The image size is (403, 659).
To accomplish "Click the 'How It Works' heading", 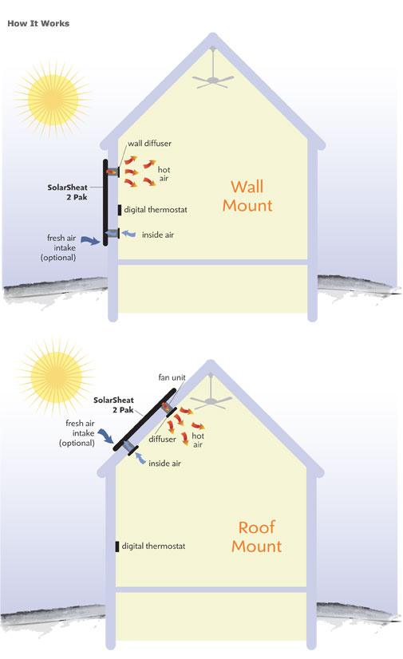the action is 38,24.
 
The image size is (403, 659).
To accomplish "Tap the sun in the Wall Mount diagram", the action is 53,100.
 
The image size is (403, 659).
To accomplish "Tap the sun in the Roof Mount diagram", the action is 56,377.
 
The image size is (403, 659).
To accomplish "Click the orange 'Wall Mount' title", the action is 247,195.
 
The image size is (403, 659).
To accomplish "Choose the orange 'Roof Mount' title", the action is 257,537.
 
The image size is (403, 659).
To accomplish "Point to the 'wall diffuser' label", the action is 149,144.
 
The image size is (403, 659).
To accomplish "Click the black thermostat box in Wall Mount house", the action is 120,210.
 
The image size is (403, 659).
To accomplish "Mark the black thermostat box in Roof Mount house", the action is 117,547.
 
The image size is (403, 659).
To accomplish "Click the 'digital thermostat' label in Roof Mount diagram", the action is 153,546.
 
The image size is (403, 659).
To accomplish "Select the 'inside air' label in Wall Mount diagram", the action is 158,235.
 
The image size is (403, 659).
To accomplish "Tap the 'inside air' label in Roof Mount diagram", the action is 164,464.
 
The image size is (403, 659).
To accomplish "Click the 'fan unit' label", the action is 172,377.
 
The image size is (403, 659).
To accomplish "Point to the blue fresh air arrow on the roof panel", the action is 106,436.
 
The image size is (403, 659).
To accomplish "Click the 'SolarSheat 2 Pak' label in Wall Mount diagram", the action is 68,192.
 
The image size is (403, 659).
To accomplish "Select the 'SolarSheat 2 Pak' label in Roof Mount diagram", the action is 113,404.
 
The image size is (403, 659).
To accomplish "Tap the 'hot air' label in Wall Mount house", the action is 164,174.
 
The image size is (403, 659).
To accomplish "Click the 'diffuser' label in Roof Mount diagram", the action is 162,439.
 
